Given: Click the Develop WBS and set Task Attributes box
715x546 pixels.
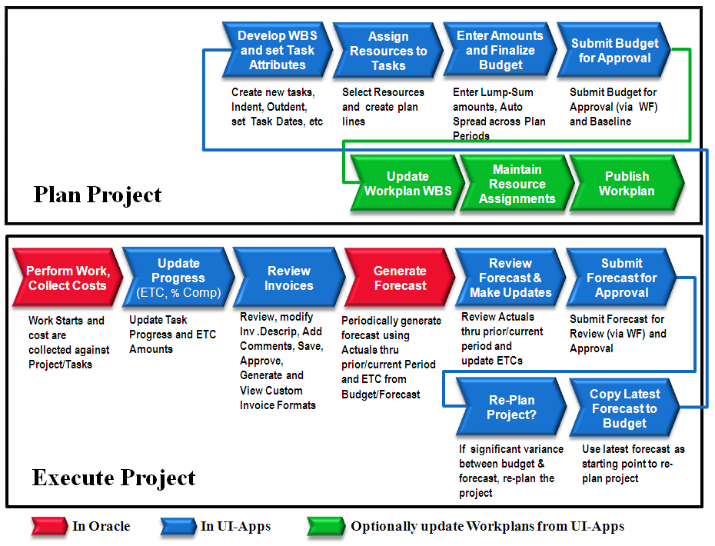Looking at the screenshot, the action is click(x=278, y=50).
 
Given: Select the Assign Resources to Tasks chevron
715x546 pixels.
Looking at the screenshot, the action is click(x=388, y=51).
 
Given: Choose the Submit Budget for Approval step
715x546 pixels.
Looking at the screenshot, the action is click(x=614, y=50).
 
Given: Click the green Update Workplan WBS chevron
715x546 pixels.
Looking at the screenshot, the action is click(x=407, y=183).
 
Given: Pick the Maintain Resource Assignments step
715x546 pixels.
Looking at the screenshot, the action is click(x=517, y=184).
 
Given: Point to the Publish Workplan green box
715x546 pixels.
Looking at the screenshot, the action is click(x=627, y=183).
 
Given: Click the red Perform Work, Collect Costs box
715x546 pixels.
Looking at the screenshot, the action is click(x=68, y=278).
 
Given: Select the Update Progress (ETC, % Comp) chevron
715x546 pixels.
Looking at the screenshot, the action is click(x=178, y=278).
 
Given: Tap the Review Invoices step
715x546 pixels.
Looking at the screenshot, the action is click(x=289, y=278).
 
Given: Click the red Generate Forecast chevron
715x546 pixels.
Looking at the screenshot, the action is click(x=400, y=278).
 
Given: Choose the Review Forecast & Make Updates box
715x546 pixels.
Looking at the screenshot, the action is click(x=510, y=278).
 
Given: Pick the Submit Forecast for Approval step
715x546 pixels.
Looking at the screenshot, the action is click(x=621, y=278).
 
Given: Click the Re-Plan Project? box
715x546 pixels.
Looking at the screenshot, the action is click(x=511, y=407).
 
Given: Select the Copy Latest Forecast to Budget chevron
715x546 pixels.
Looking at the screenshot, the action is click(x=624, y=408).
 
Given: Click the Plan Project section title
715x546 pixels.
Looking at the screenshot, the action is click(x=98, y=195).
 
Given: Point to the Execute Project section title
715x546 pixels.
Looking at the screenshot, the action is click(x=114, y=478).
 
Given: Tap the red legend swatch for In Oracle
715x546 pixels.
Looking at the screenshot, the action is click(x=49, y=526).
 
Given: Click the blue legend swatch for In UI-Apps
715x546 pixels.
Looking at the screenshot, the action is click(x=178, y=526).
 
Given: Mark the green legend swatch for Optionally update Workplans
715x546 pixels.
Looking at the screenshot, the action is click(x=326, y=526).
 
